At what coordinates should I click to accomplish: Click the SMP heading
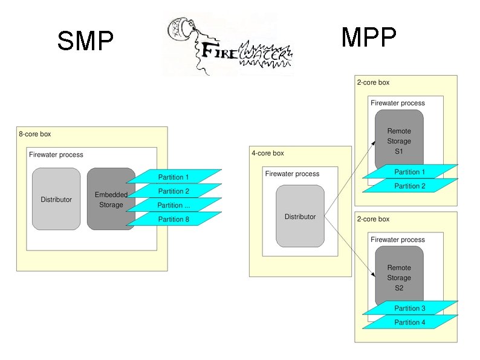click(85, 41)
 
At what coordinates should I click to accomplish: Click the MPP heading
click(369, 38)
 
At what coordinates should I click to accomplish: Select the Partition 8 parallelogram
click(174, 219)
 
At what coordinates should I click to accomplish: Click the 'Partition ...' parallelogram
click(174, 205)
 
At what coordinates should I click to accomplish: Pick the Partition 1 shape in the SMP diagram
click(174, 177)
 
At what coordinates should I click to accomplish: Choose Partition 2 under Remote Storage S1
click(410, 186)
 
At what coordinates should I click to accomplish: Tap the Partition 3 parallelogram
click(410, 309)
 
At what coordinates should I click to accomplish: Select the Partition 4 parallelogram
click(410, 322)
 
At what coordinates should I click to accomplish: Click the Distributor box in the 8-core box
click(56, 199)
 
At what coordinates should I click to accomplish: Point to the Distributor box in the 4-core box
click(300, 216)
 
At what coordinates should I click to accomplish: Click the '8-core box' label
click(36, 134)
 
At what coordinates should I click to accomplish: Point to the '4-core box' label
click(268, 154)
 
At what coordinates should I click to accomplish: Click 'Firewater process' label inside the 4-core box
click(292, 174)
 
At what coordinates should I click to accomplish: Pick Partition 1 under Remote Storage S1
click(410, 172)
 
